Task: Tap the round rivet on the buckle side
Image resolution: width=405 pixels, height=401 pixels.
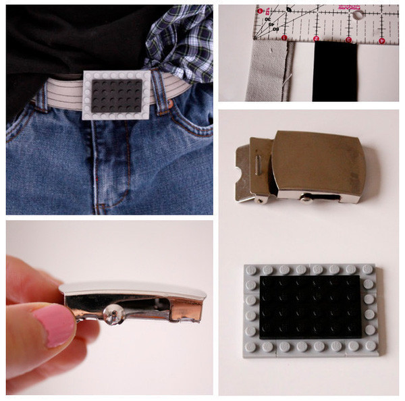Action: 113,312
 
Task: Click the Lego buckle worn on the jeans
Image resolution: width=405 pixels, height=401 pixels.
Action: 117,95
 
